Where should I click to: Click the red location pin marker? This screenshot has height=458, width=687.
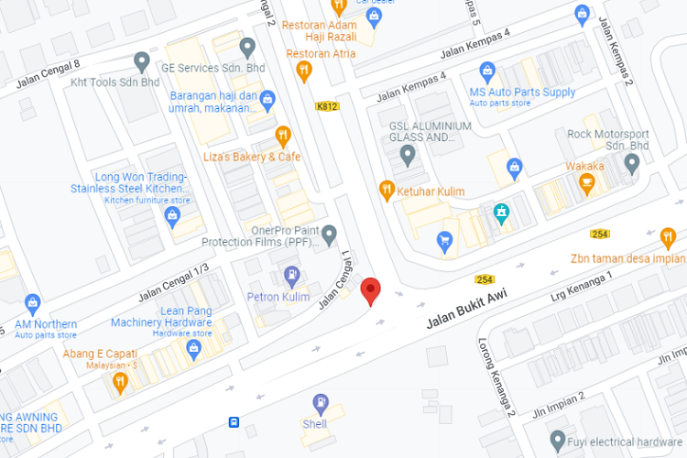[x=371, y=290]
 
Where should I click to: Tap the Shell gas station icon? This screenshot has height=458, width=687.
[x=320, y=402]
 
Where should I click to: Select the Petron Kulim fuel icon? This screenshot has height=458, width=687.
[x=291, y=274]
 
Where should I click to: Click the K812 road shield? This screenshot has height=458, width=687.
[x=327, y=106]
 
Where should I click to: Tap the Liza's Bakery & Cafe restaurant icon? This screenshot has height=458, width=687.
[x=283, y=136]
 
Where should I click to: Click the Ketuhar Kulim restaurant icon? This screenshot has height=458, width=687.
[x=387, y=191]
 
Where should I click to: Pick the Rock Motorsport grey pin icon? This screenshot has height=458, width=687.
[x=631, y=163]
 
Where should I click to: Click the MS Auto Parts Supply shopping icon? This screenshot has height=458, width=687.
[x=488, y=71]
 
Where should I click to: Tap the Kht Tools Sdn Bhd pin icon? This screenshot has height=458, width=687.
[x=141, y=61]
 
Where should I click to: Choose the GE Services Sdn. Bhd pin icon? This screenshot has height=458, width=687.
[x=246, y=47]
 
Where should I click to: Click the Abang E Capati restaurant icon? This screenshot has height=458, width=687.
[x=120, y=380]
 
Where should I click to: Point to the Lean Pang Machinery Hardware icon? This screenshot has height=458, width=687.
[x=193, y=348]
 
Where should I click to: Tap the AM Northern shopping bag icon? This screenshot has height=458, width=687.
[x=33, y=302]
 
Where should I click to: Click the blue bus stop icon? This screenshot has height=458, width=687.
[x=234, y=422]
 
